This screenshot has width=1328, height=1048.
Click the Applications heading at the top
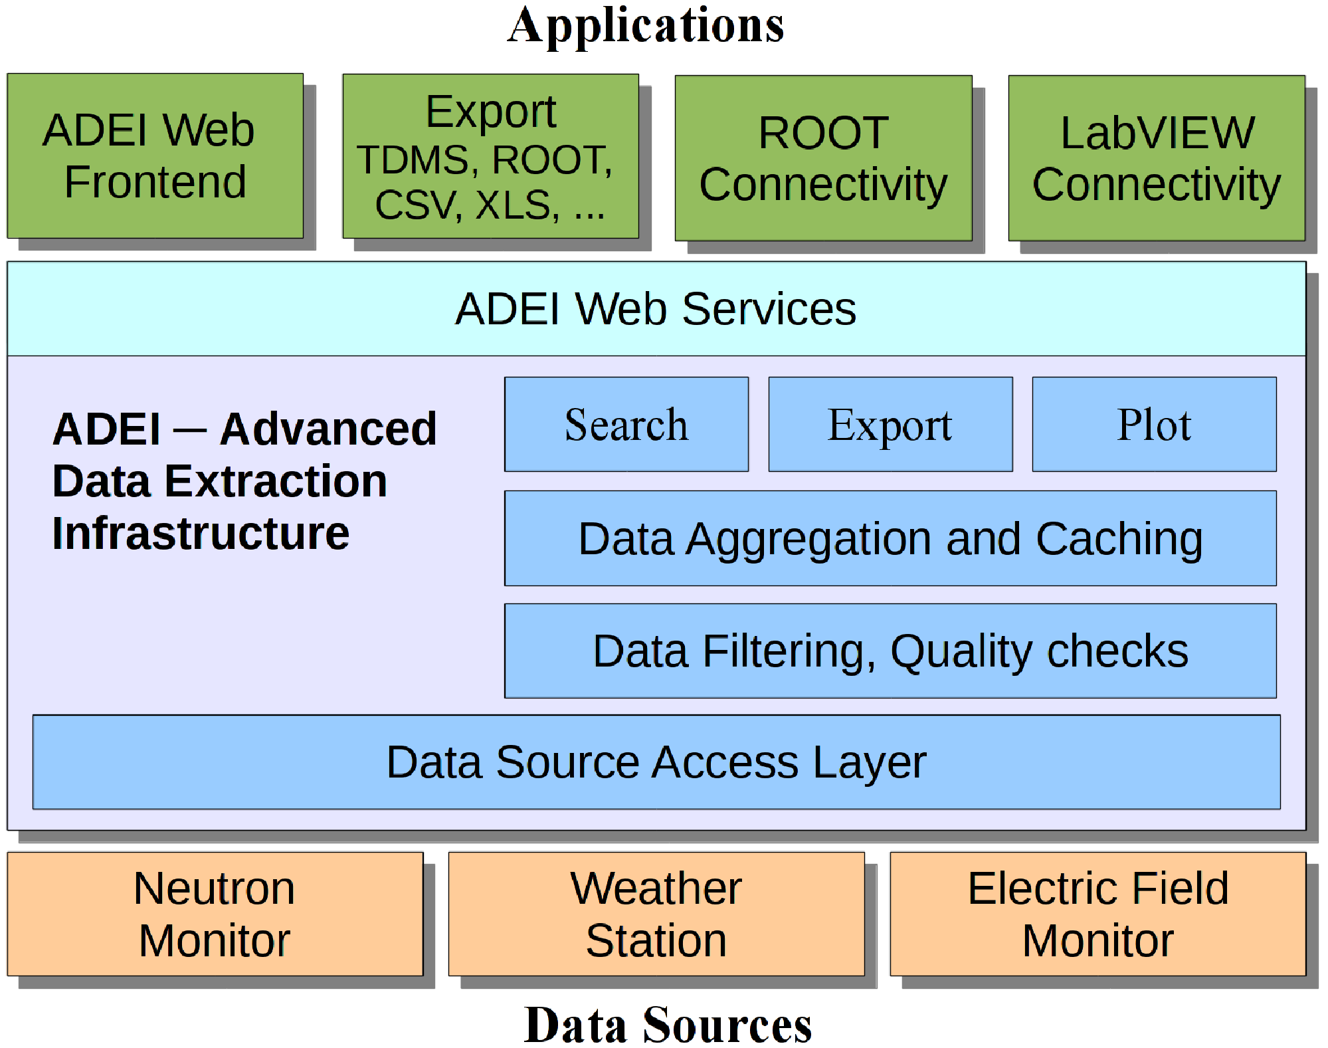click(x=646, y=27)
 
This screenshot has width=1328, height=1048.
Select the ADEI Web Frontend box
click(x=155, y=156)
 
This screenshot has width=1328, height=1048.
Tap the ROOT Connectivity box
click(x=824, y=158)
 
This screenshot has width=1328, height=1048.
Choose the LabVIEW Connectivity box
click(x=1157, y=158)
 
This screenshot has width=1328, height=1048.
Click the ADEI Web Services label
click(x=656, y=309)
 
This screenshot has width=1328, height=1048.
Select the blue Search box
click(x=626, y=425)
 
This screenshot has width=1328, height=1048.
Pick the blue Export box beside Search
click(x=890, y=425)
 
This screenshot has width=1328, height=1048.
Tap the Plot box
click(x=1154, y=425)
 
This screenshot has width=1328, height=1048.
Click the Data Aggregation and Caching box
click(x=890, y=538)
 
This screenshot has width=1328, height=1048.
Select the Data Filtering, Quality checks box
click(x=890, y=651)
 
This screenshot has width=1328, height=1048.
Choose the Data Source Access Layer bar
click(x=656, y=762)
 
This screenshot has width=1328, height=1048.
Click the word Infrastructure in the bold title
click(x=201, y=534)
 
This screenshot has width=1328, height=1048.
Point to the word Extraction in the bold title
click(x=276, y=481)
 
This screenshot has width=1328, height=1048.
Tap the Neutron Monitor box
click(x=215, y=914)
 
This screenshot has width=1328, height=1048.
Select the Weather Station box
click(x=656, y=914)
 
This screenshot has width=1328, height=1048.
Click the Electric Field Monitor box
click(x=1098, y=914)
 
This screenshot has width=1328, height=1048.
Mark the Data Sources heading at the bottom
click(x=668, y=1025)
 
